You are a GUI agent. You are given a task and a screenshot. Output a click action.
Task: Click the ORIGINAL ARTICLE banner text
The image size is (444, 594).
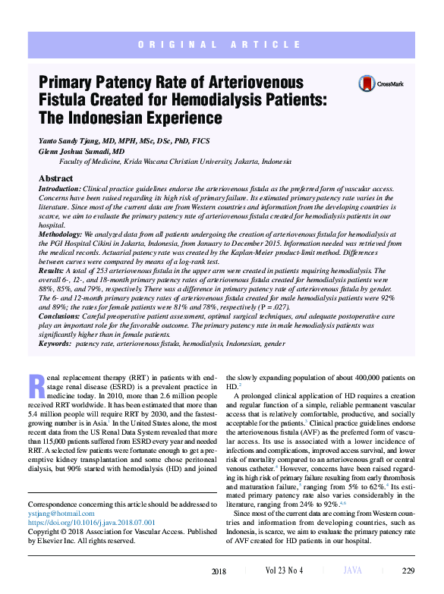[222, 46]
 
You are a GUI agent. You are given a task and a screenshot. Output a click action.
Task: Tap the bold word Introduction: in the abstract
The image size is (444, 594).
[59, 188]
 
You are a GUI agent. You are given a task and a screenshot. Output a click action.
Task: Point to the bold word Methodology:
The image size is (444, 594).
[60, 235]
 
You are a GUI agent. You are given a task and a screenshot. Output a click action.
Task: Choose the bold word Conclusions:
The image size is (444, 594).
[59, 316]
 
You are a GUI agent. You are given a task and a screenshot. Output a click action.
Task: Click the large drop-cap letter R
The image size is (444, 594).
[34, 385]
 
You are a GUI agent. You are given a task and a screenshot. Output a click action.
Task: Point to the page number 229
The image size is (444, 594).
[408, 571]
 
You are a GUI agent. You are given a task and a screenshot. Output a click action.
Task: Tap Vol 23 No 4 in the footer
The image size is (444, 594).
[285, 571]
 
